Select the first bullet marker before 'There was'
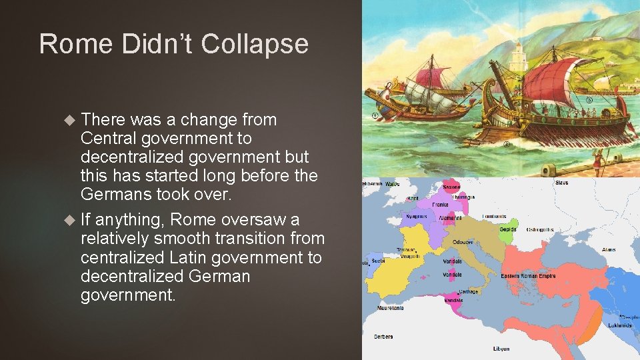click(71, 120)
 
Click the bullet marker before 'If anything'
click(71, 220)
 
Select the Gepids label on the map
click(508, 229)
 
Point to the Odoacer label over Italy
click(463, 242)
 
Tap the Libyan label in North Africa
click(501, 349)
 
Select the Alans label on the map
click(609, 250)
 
